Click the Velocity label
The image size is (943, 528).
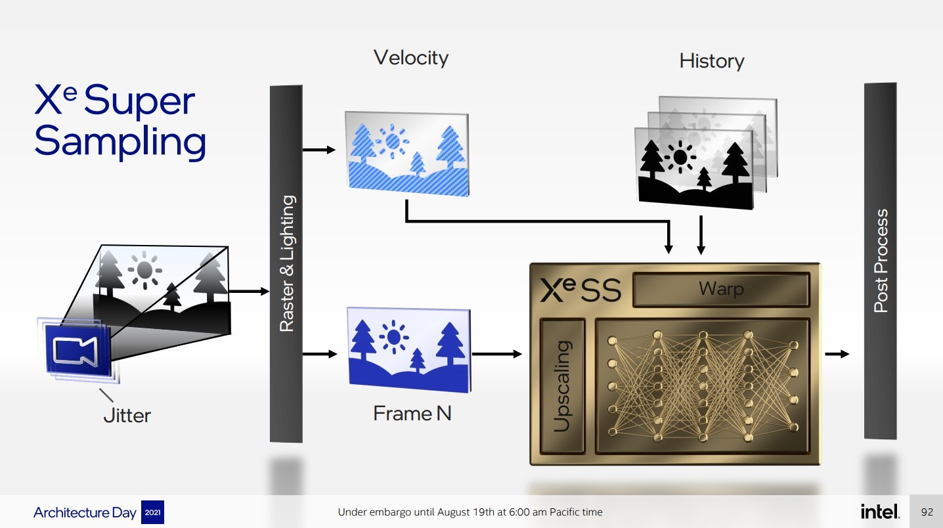[411, 58]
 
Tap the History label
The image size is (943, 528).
[712, 61]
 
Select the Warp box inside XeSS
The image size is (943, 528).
[720, 289]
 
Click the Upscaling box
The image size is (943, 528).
[562, 386]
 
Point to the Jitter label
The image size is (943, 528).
[127, 416]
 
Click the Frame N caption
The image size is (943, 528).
[412, 413]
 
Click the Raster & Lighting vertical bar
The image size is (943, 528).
[286, 263]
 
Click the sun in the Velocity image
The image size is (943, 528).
[393, 140]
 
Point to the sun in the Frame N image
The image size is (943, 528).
[393, 337]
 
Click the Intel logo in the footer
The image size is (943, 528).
[880, 512]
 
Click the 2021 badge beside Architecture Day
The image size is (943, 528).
[152, 512]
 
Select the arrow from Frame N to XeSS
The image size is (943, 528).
[497, 354]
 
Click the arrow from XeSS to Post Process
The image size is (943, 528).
[837, 354]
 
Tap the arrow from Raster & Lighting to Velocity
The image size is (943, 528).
[319, 150]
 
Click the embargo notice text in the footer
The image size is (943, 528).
[470, 512]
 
